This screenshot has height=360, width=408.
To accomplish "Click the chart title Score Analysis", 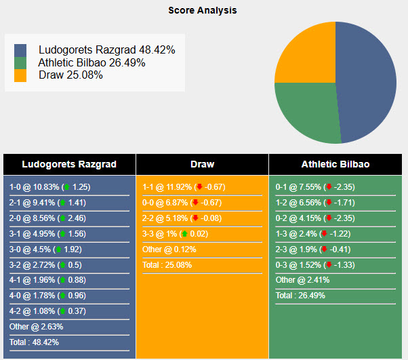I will pos(203,11).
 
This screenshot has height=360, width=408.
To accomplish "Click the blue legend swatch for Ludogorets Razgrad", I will pos(20,50).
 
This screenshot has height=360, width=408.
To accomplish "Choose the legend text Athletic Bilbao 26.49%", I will pos(91,62).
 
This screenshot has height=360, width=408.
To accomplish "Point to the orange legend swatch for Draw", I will pos(20,75).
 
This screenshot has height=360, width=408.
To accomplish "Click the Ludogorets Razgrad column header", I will pos(69,164).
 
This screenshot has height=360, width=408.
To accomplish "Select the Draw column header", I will pos(202,164).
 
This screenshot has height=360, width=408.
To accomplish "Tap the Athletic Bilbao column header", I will pos(335,164).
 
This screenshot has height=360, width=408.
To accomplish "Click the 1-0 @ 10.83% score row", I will pos(49,186).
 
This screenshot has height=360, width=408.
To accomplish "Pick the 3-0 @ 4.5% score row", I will pos(49,249).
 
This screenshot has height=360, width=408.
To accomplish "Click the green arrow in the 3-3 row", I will pos(184,234).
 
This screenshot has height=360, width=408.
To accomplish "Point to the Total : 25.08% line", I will pos(167,264).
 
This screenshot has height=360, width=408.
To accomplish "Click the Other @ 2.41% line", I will pos(302,280).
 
